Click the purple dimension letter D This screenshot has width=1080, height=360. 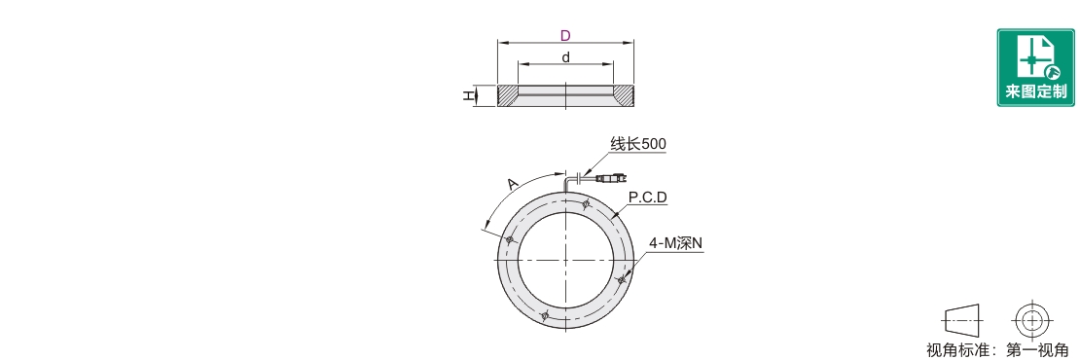tap(565, 36)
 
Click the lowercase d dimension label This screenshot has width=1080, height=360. tap(565, 57)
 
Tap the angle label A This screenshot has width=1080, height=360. tap(511, 183)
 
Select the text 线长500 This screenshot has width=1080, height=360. tap(638, 144)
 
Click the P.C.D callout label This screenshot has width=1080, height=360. tap(647, 198)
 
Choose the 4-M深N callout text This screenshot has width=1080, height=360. tap(675, 243)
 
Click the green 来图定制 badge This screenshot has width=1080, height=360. tap(1036, 67)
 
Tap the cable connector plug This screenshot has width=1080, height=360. tap(610, 179)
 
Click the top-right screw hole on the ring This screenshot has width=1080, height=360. tap(586, 203)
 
